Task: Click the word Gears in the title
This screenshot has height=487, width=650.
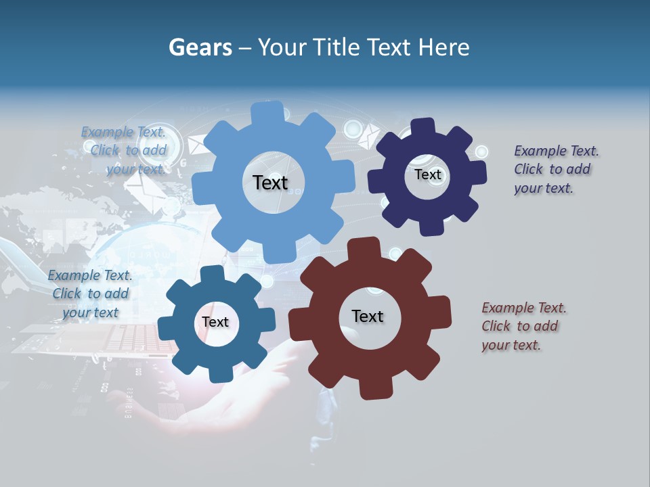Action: point(200,47)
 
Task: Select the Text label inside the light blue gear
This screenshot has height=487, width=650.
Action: point(270,183)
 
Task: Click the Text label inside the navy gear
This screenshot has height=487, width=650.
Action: point(427,175)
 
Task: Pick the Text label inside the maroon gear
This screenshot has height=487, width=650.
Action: point(368,316)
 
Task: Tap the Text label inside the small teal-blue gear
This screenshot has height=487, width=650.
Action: point(215,322)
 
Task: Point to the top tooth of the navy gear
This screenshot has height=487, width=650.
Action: point(423,126)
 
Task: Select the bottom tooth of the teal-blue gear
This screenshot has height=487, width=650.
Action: point(217,373)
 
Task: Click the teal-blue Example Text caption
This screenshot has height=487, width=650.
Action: point(90,294)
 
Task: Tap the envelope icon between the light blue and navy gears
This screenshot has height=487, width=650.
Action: point(369,135)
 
